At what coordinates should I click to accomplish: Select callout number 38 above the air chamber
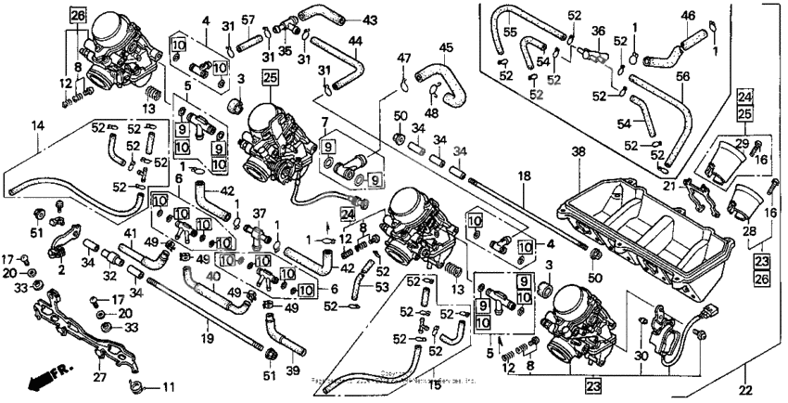click(x=578, y=151)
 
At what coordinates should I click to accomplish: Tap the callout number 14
click(x=38, y=124)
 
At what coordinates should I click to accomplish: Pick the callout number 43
click(x=345, y=19)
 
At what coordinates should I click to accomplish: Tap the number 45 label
click(x=447, y=47)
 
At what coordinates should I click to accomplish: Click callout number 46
click(x=687, y=15)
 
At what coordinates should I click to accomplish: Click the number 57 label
click(x=248, y=19)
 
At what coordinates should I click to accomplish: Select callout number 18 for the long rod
click(x=524, y=175)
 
